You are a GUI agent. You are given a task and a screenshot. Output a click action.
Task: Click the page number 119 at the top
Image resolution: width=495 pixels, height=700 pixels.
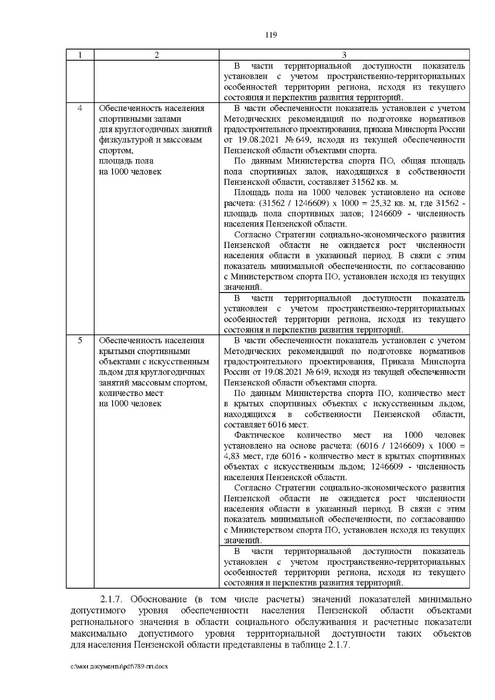click(271, 35)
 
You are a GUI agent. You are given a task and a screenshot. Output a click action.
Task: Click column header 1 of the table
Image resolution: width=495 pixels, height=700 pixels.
click(80, 55)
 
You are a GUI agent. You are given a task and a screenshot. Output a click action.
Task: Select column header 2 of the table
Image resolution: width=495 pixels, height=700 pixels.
click(156, 55)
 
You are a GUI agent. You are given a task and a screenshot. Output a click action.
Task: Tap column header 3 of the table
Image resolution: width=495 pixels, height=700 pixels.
click(344, 55)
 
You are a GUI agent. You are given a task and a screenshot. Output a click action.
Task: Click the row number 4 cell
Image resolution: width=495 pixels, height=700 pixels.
click(80, 108)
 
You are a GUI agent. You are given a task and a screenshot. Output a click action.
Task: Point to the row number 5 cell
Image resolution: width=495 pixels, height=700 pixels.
click(80, 340)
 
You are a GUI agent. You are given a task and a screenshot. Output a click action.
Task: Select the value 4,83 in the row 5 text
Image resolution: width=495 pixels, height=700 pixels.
click(232, 456)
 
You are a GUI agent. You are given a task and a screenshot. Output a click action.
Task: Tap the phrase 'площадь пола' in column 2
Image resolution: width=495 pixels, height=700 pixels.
click(126, 161)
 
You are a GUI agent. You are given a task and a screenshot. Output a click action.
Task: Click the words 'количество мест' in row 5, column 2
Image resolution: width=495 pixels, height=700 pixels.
click(131, 393)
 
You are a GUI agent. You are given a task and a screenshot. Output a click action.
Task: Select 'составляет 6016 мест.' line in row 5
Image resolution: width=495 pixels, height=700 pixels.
click(266, 424)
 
